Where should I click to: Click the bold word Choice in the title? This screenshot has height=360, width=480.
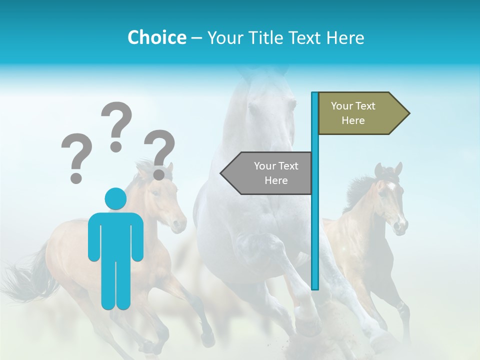click(156, 37)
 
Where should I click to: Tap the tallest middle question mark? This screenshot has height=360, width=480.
click(116, 125)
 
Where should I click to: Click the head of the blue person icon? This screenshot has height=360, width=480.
click(115, 198)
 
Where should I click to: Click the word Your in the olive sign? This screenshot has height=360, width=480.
click(342, 106)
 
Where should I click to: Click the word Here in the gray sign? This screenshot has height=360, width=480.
click(276, 180)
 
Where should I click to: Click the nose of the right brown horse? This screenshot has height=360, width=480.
click(399, 226)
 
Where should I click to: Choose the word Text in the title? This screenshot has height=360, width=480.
click(306, 37)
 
